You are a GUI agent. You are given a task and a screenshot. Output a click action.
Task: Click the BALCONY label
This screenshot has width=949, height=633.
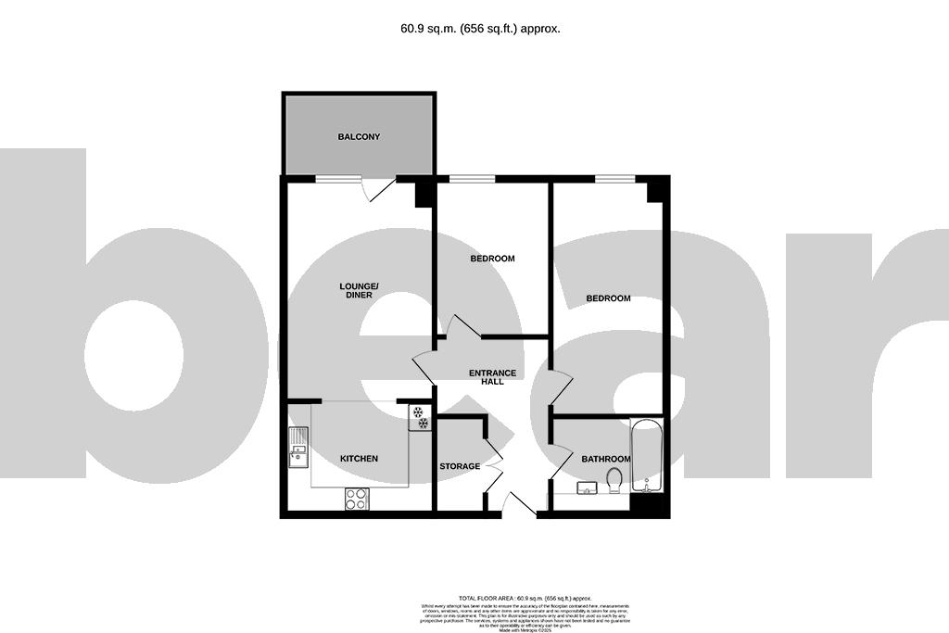click(x=359, y=137)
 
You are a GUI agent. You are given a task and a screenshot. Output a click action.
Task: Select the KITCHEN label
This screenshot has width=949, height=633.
click(x=359, y=459)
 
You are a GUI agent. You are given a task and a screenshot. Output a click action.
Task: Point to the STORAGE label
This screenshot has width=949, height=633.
click(x=460, y=466)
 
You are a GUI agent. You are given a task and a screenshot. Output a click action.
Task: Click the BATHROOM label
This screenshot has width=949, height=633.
click(x=605, y=460)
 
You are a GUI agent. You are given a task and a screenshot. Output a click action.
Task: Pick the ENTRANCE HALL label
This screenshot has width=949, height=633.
click(x=492, y=377)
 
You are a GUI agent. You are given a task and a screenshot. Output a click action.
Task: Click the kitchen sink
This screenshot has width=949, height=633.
click(x=298, y=449)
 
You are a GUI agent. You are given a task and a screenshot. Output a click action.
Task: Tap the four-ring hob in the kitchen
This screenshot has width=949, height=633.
click(x=356, y=499)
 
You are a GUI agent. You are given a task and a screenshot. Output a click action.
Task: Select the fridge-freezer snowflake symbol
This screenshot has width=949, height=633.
click(x=420, y=417)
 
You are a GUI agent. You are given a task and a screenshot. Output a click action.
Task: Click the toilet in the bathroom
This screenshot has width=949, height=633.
click(x=614, y=481)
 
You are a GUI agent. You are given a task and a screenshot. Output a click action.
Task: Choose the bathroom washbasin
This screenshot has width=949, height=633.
click(x=586, y=487)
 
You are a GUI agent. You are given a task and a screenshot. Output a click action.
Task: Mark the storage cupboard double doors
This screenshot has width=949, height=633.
click(x=492, y=468)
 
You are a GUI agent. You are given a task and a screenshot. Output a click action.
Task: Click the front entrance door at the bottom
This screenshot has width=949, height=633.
click(x=518, y=504)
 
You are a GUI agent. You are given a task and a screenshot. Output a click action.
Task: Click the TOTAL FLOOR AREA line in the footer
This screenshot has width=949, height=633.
click(x=525, y=599)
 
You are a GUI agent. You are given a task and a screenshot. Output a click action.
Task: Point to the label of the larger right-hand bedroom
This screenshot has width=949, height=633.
click(x=608, y=298)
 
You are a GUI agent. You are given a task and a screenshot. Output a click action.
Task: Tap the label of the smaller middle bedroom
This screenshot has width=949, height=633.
click(x=492, y=259)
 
